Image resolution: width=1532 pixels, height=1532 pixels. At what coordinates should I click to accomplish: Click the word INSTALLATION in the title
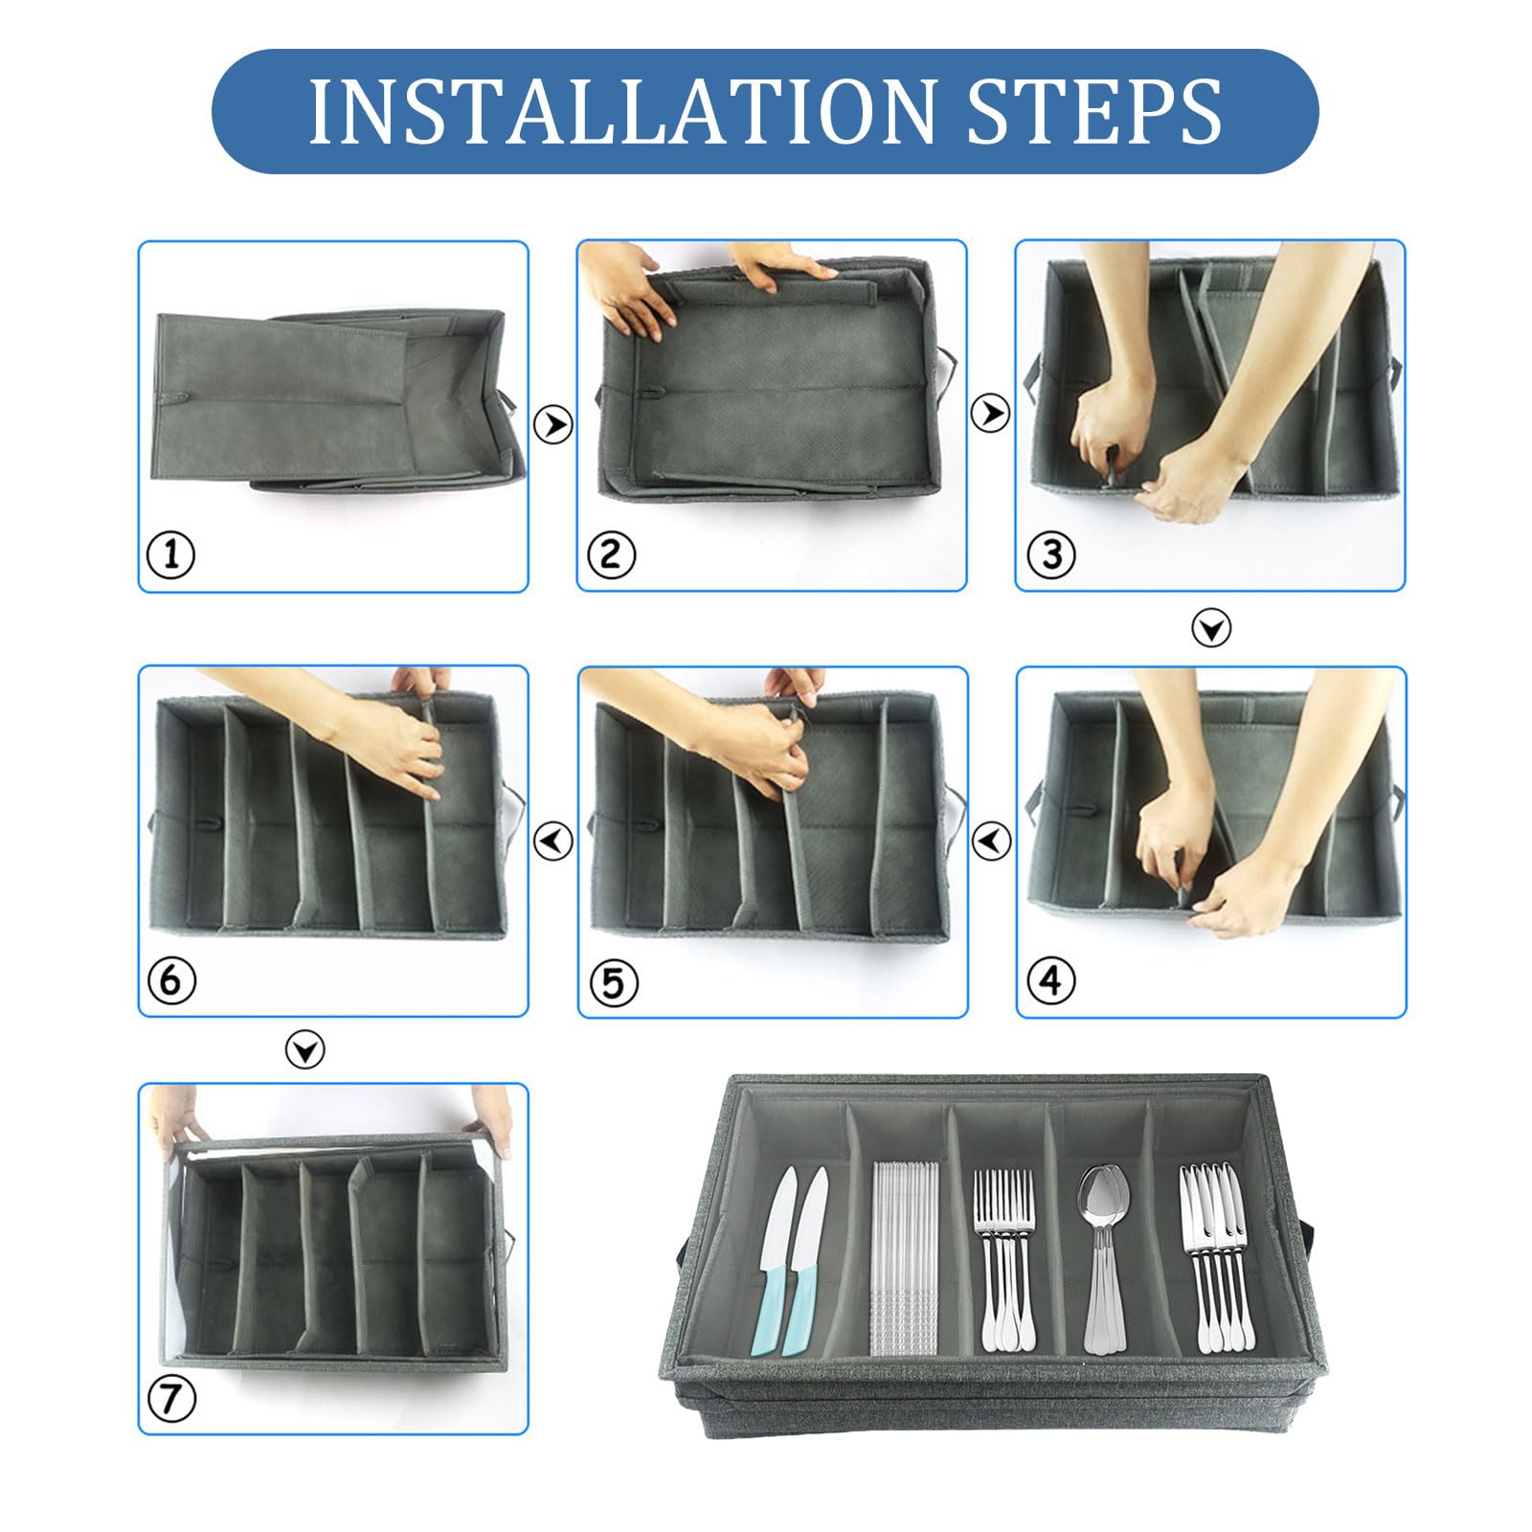click(x=620, y=112)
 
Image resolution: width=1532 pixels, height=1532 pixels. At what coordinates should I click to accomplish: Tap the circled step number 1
click(x=171, y=554)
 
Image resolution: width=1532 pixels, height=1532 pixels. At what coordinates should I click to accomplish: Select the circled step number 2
click(x=611, y=554)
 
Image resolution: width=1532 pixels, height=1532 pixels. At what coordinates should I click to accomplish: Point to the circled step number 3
click(x=1050, y=554)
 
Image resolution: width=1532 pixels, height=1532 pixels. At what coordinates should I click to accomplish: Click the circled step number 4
click(x=1050, y=980)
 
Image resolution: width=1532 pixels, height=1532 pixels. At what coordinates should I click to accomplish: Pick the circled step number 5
click(x=613, y=982)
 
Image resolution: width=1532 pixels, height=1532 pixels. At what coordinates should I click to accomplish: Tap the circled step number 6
click(x=171, y=980)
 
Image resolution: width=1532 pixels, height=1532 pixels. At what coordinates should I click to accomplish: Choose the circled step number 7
click(x=171, y=1399)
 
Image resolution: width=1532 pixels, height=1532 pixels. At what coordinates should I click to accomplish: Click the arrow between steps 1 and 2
click(x=552, y=423)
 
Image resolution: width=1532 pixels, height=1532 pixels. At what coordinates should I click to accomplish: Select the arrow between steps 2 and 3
click(x=990, y=413)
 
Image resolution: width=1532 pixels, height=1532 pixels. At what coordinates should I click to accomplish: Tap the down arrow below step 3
click(x=1211, y=628)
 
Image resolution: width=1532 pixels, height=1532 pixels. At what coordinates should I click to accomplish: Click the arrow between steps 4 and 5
click(x=991, y=841)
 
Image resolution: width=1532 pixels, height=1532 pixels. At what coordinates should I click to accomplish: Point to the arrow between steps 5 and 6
click(x=552, y=841)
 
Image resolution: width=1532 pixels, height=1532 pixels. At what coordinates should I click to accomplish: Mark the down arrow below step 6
click(x=305, y=1051)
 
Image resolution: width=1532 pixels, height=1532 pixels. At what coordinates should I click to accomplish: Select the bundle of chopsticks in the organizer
click(x=904, y=1259)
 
